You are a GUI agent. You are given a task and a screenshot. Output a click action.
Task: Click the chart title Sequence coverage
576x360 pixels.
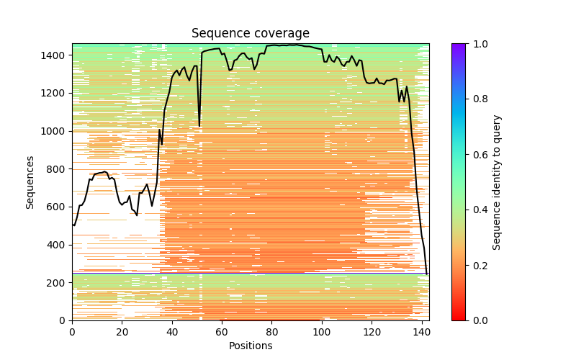point(250,34)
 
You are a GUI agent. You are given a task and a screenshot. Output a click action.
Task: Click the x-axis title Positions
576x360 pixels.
point(250,346)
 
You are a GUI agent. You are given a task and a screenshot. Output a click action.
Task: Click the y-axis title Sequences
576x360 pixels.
point(30,181)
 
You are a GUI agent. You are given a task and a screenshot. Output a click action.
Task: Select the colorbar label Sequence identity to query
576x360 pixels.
point(497,182)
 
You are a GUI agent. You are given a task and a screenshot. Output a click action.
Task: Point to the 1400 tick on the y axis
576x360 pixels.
point(56,55)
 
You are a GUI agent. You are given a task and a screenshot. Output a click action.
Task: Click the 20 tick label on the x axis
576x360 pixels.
point(122,331)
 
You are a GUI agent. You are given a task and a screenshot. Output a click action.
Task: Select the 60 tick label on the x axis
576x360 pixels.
point(222,331)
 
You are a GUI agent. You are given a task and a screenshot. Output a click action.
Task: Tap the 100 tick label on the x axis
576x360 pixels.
point(322,331)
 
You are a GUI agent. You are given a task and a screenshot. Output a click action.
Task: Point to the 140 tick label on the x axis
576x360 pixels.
point(422,331)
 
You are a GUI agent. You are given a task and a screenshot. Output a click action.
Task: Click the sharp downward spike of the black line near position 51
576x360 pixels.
point(199,126)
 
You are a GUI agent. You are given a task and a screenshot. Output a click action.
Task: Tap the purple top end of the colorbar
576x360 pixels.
point(458,46)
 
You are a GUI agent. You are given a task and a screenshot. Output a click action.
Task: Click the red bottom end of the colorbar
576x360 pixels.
point(458,318)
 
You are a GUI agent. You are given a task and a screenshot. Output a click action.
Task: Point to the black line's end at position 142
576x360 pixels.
point(426,274)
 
